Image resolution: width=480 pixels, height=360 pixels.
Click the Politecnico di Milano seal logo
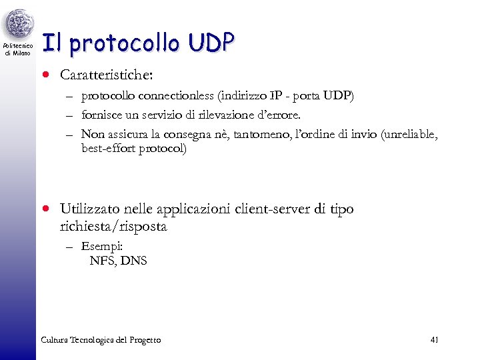18,25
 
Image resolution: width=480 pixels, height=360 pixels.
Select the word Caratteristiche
101,73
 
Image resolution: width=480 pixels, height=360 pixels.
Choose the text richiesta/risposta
113,227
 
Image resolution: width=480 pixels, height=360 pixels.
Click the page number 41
434,340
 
